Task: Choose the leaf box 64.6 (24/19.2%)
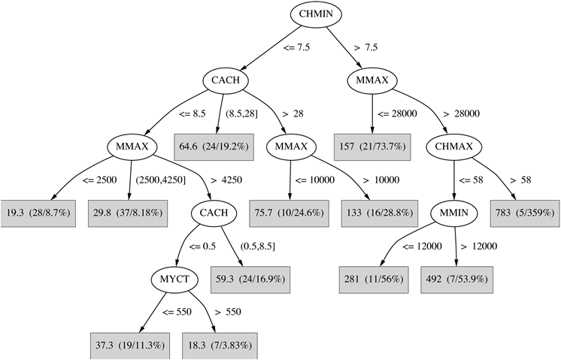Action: click(215, 147)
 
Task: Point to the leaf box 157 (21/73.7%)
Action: click(372, 147)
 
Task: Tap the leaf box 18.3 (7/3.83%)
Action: click(215, 345)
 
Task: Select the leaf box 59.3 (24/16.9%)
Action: click(251, 280)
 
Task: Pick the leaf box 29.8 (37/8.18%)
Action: click(126, 214)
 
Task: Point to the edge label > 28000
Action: click(462, 113)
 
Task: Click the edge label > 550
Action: click(229, 311)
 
